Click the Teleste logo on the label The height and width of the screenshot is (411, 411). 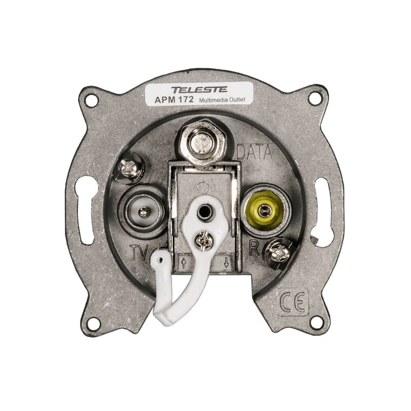[199, 89]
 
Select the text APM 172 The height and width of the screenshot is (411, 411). [174, 100]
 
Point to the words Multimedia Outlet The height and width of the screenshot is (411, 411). [222, 100]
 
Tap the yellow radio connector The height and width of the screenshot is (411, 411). [265, 210]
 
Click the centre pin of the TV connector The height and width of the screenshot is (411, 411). [143, 212]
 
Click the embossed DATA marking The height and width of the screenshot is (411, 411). [254, 152]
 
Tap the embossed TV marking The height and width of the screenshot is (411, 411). [140, 252]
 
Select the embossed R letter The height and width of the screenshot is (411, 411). [254, 248]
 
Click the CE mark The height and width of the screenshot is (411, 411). [293, 302]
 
